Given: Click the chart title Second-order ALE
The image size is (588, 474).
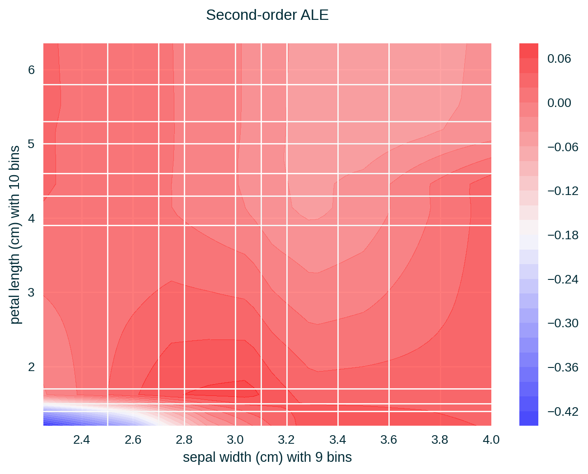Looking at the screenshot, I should pos(267,15).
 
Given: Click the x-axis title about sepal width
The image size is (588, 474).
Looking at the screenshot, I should pos(267,457).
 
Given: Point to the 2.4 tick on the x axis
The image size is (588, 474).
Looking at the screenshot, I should pos(82,440).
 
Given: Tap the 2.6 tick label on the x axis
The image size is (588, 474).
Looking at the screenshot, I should pos(133,440).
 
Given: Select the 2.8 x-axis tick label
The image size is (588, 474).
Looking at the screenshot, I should pos(184,440).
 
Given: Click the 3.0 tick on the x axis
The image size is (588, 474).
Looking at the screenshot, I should pos(235,440).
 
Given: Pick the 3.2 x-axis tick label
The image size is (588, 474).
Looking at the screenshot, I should pos(286,440).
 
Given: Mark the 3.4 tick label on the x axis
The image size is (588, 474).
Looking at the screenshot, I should pos(337,440).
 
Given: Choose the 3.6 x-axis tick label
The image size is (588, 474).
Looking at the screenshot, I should pos(389,440).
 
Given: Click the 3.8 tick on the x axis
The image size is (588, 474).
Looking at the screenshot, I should pos(440,440).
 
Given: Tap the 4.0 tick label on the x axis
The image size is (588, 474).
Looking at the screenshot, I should pos(491,440).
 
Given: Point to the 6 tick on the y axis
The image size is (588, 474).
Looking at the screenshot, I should pos(31,70).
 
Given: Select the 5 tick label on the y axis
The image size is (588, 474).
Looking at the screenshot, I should pos(31,144).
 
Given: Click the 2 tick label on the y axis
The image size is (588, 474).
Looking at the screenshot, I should pos(31,367).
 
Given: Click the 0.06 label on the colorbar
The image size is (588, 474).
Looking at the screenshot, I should pos(559,59).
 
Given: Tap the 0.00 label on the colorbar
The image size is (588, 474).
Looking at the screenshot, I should pos(559,103).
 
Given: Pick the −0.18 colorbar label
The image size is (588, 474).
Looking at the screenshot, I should pos(563,235).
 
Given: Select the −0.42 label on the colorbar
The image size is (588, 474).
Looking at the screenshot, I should pos(563,411).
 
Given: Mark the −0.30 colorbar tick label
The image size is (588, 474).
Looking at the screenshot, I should pos(563,323).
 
